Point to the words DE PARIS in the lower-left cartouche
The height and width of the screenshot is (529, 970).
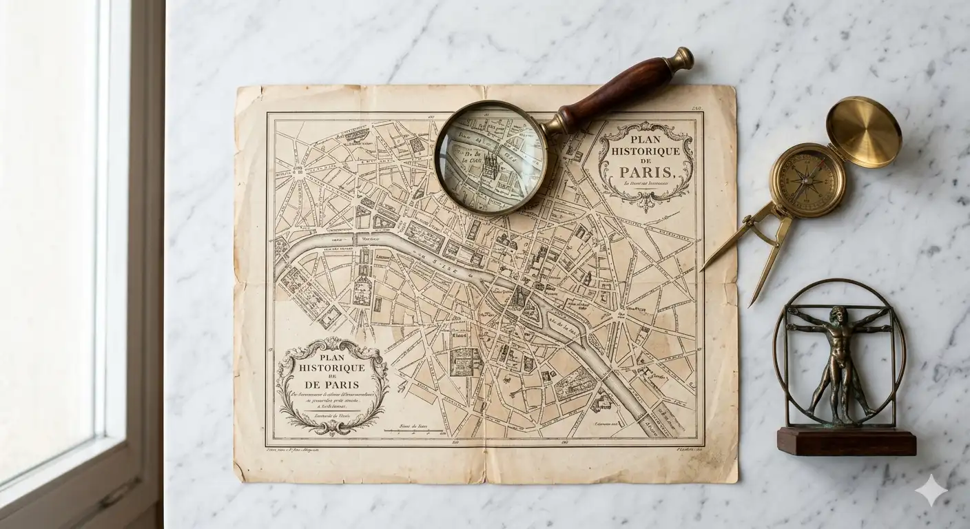coord(333,383)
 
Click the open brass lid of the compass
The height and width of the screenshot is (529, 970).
coord(863,132)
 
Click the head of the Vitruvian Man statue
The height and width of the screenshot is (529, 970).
coord(836,315)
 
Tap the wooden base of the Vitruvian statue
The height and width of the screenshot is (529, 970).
coord(847,441)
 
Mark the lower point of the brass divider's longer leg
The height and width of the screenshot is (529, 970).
coord(752,303)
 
